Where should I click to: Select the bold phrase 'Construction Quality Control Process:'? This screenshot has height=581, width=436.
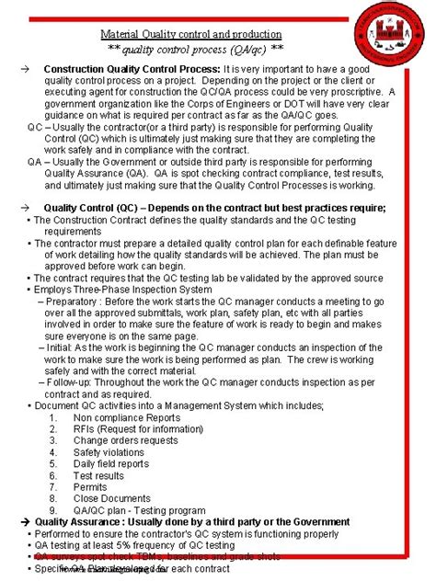coord(132,70)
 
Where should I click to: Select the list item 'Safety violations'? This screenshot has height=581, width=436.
coord(109,451)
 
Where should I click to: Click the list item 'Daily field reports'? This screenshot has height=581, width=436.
coord(111,463)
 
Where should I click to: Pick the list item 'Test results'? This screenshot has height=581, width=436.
coord(98,475)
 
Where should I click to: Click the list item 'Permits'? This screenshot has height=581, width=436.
coord(90,487)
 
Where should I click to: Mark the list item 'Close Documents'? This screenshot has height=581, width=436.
coord(110,499)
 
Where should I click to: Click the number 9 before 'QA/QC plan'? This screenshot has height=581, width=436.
coord(53,510)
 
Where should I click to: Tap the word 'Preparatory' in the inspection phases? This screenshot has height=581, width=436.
coord(77,302)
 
